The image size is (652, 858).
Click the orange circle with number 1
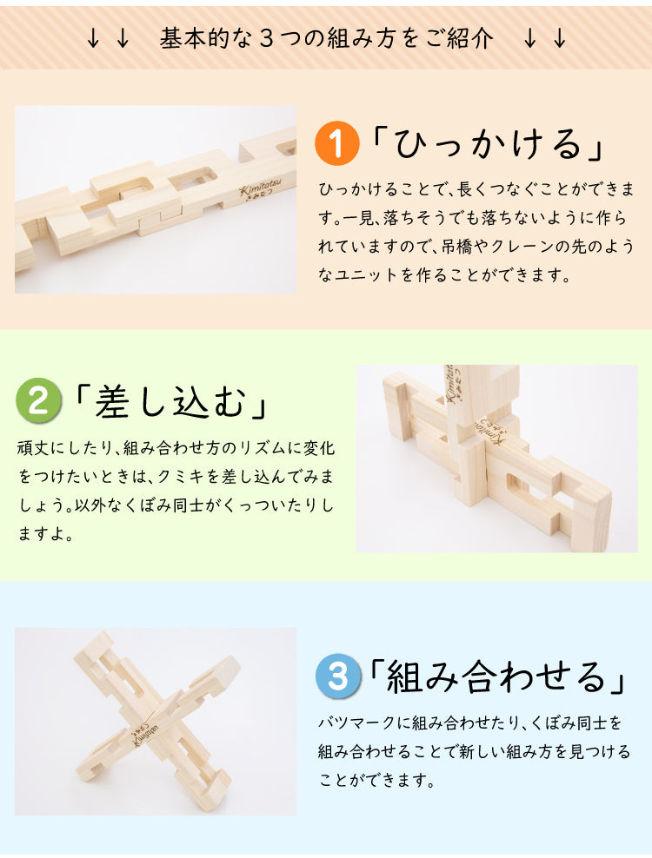pyautogui.click(x=337, y=144)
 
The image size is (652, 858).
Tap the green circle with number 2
pyautogui.click(x=39, y=401)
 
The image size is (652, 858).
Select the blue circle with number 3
pyautogui.click(x=337, y=676)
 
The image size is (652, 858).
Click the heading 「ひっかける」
pyautogui.click(x=488, y=144)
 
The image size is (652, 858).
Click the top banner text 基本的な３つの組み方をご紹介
pyautogui.click(x=326, y=38)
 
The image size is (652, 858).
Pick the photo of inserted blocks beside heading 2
pyautogui.click(x=496, y=459)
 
